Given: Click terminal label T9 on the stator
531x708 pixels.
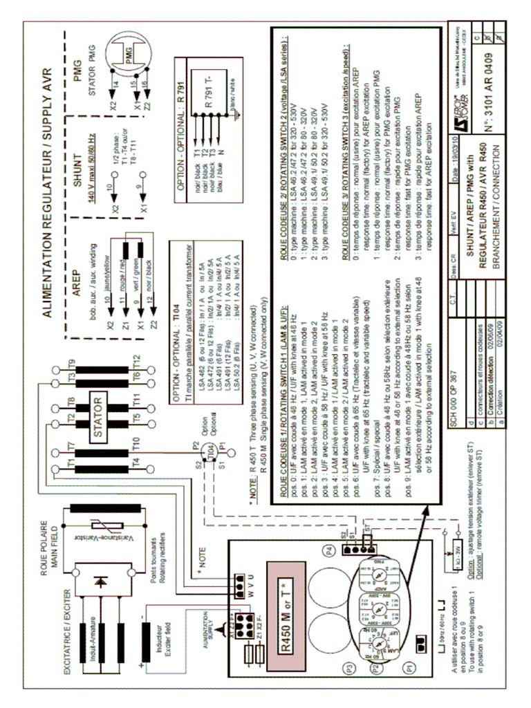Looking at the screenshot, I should coord(71,363).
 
